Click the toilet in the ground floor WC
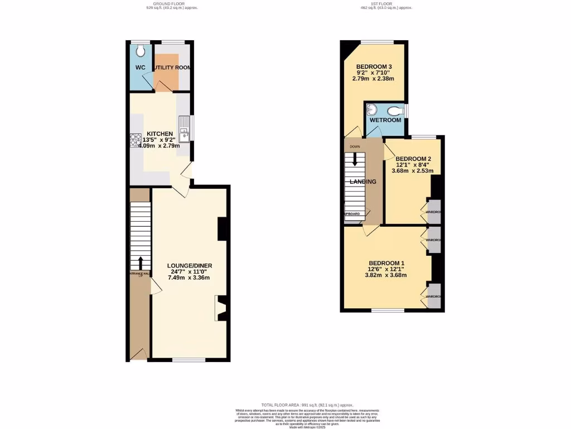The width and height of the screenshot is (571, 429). click(141, 51)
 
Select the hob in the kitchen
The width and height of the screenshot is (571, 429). click(136, 139)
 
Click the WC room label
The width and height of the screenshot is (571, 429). click(140, 68)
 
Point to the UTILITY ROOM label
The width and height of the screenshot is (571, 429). click(172, 68)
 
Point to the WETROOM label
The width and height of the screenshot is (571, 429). click(385, 120)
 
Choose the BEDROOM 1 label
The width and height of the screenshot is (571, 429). click(385, 263)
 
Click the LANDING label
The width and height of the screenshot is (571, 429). click(362, 182)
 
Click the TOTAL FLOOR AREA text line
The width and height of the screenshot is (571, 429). click(307, 404)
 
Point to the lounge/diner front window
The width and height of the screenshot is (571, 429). click(188, 360)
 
